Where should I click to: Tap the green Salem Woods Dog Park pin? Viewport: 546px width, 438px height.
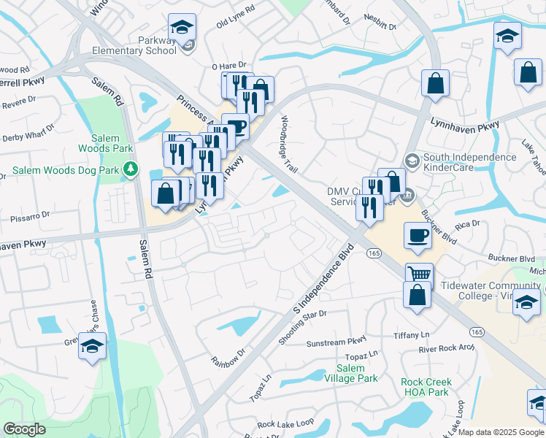tap(131, 170)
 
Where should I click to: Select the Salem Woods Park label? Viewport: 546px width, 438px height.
tap(111, 144)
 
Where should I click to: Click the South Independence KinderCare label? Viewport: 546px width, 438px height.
tap(470, 162)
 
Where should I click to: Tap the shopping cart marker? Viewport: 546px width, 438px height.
tap(420, 274)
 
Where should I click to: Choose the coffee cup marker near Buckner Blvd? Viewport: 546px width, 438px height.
tap(418, 236)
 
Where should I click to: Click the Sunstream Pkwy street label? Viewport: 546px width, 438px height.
tap(335, 342)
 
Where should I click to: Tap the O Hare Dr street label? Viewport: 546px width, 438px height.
tap(230, 66)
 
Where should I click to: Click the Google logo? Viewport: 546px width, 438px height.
tap(25, 429)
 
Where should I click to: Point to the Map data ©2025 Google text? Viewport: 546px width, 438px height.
tap(501, 432)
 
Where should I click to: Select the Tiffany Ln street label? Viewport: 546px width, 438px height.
tap(411, 334)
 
